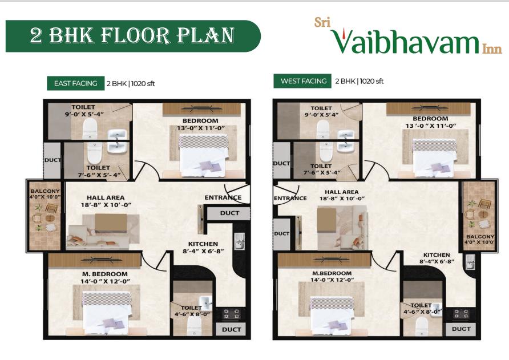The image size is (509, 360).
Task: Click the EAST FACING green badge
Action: coord(75,83)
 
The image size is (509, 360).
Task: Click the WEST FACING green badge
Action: coord(303,81)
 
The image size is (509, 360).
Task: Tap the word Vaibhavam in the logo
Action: coord(405,42)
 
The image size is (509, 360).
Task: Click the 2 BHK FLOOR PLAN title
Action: coord(132,36)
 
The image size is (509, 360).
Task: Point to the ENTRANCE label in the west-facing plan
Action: coord(290,199)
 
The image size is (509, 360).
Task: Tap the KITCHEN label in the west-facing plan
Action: coord(437,255)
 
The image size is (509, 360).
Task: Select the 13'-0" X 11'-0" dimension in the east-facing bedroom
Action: coord(200,128)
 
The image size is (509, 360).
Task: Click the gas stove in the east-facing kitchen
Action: coord(231,313)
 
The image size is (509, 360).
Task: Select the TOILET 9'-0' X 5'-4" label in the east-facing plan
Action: coord(83,110)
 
